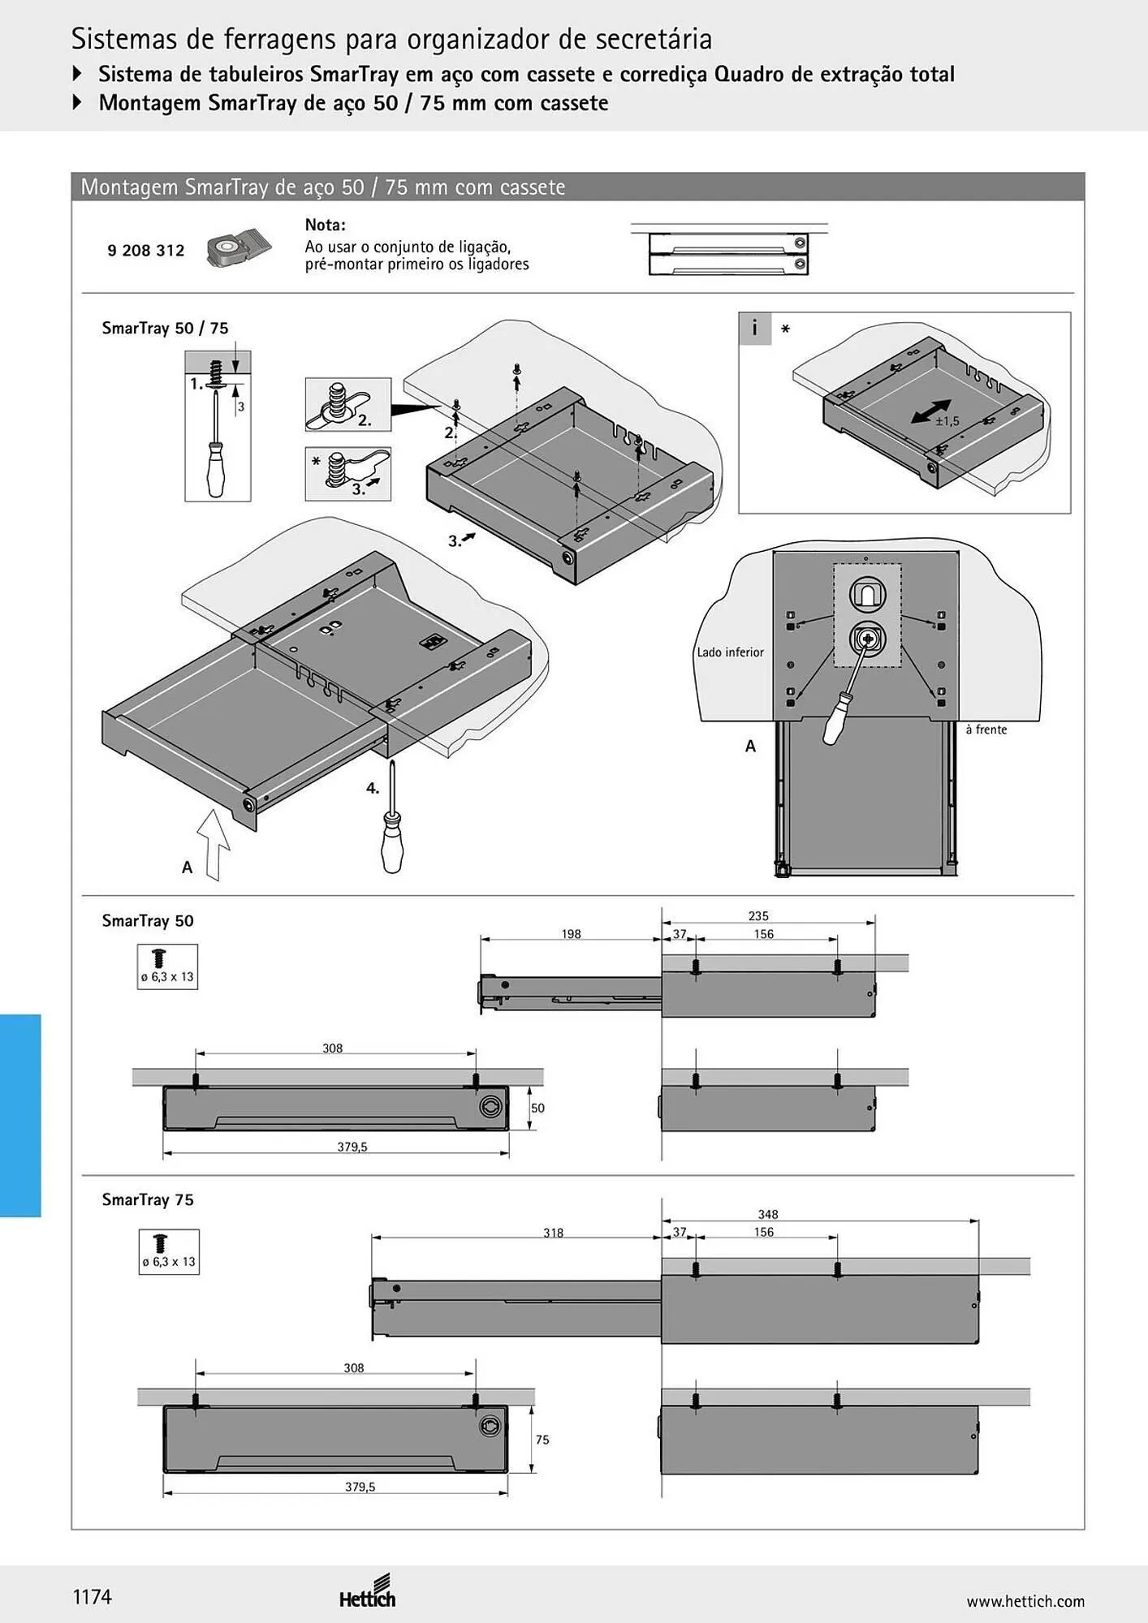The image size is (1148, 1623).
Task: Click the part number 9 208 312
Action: tap(146, 251)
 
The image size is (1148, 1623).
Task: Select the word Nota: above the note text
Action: tap(325, 226)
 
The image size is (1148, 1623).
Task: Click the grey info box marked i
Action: tap(754, 328)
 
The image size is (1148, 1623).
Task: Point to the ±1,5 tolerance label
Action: tap(947, 421)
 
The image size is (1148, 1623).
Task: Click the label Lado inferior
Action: tap(731, 652)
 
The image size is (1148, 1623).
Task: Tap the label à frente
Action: tap(986, 730)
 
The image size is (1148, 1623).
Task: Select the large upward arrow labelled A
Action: tap(214, 844)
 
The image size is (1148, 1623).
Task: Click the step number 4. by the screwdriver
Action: tap(373, 788)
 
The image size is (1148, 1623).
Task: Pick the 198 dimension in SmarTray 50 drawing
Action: tap(571, 934)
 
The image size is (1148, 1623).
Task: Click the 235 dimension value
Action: tap(758, 916)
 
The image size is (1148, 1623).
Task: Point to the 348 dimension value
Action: tap(768, 1215)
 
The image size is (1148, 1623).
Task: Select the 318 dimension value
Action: tap(553, 1233)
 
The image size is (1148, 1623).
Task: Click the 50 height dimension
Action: tap(537, 1109)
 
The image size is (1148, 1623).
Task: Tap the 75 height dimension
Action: tap(542, 1440)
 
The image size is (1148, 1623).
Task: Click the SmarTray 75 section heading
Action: tap(148, 1199)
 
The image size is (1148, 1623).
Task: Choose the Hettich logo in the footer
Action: tap(368, 1591)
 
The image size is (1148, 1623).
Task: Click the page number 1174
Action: tap(93, 1597)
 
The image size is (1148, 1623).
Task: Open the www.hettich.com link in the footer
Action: tap(1025, 1601)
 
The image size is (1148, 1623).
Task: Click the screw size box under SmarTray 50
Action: tap(167, 966)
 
